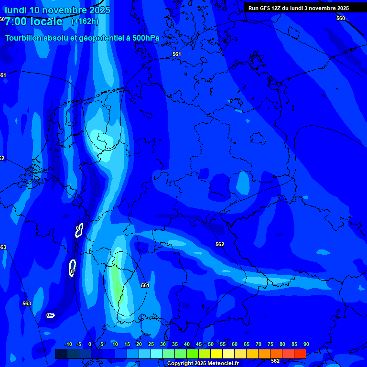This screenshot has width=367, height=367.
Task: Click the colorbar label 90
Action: click(306, 344)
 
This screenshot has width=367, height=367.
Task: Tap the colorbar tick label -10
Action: click(68, 344)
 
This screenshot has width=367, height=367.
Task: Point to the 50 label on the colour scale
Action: click(211, 344)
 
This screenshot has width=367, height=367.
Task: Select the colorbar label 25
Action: click(151, 344)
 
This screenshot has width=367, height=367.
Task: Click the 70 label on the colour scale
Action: click(259, 344)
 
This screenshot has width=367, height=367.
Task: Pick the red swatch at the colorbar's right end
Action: click(300, 354)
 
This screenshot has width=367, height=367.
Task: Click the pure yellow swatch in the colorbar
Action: click(216, 354)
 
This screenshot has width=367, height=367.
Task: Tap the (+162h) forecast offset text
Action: click(85, 21)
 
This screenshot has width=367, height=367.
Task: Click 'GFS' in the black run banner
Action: click(266, 8)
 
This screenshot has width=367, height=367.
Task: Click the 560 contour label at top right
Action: click(340, 18)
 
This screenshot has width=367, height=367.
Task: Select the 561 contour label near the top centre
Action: click(177, 54)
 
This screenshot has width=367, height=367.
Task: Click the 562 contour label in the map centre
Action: click(219, 244)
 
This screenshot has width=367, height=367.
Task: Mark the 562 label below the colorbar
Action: click(275, 361)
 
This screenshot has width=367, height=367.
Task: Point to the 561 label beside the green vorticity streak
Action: click(145, 285)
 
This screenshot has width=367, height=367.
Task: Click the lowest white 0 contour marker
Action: click(48, 315)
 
